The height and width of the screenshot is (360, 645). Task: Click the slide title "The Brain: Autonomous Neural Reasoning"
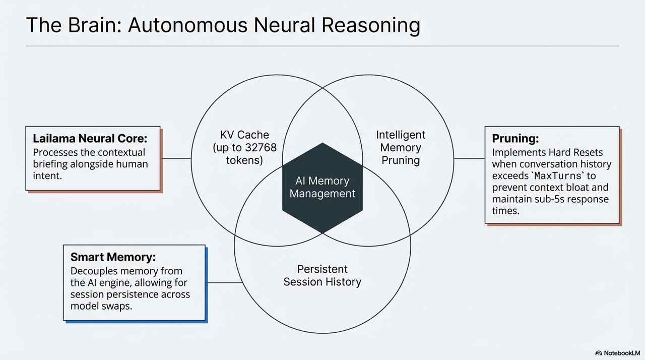(x=222, y=25)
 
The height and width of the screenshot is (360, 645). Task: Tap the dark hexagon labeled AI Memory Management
(x=322, y=187)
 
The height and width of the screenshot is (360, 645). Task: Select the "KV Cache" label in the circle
(x=244, y=135)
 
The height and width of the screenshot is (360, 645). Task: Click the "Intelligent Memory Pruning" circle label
(x=401, y=148)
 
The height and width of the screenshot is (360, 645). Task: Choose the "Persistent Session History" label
(x=322, y=275)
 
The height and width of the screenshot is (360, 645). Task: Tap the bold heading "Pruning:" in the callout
(x=512, y=138)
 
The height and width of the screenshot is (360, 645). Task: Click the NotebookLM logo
(x=617, y=353)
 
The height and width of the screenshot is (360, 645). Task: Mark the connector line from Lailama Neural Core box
(x=175, y=159)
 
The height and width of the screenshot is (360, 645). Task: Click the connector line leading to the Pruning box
(x=469, y=159)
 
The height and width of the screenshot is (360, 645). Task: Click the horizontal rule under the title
(x=322, y=46)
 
